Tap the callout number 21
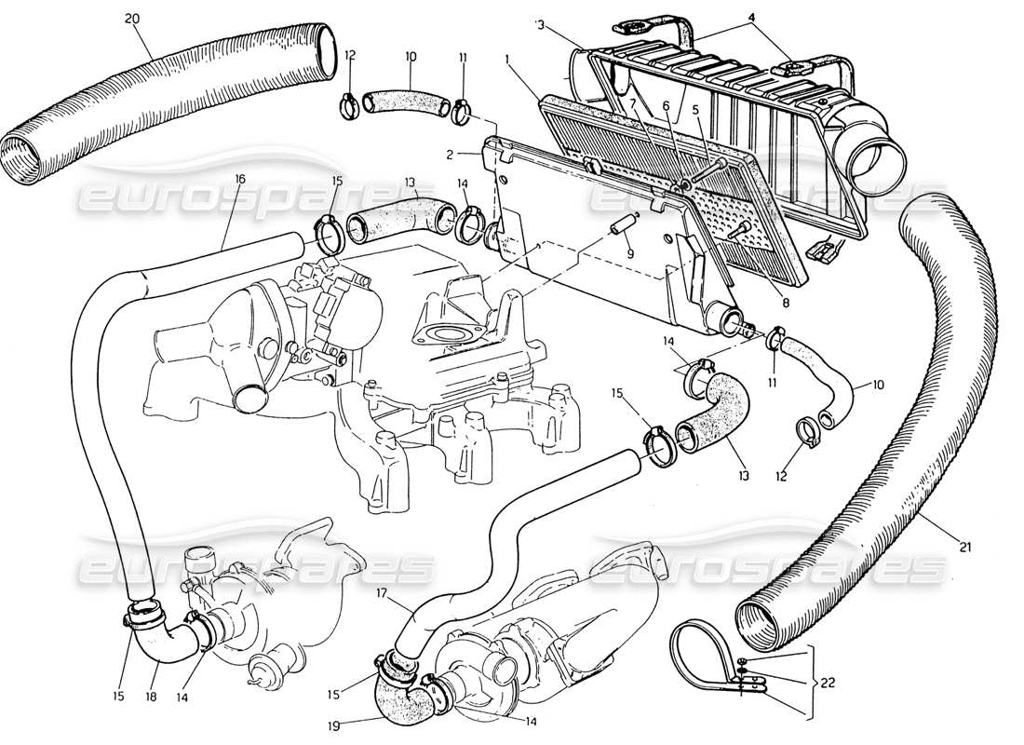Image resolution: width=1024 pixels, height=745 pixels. [964, 547]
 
